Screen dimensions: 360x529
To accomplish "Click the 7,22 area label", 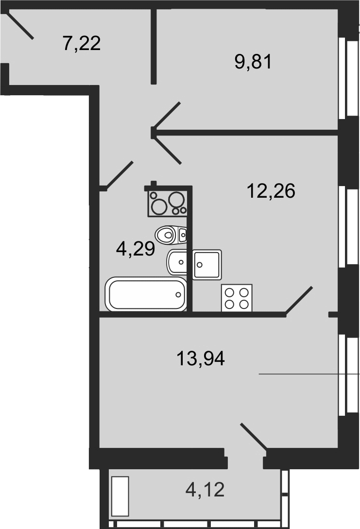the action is pos(82,44).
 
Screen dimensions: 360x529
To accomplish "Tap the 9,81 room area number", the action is pos(253,62).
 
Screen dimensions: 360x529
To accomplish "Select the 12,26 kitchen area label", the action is pos(271,191).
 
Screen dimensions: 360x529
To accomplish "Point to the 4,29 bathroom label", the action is pos(135,250).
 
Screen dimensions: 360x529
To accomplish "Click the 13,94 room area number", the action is pos(201,358).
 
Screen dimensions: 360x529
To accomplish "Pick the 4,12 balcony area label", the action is pos(205,490).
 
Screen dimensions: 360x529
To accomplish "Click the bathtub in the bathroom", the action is pos(146,294).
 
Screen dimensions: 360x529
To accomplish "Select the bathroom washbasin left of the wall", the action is pos(176,262).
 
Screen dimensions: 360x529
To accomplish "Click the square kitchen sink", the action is pos(207,264).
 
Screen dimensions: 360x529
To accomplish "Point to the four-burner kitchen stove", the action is pos(237,298).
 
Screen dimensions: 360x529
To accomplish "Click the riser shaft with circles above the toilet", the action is pos(167,203).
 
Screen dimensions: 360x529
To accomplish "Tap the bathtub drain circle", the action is pos(178,295).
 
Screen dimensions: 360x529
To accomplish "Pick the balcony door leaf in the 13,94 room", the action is pos(254,436).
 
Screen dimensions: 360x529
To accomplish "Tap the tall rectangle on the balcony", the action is pos(120,496).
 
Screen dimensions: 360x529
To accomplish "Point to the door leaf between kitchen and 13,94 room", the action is pos(299,301).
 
